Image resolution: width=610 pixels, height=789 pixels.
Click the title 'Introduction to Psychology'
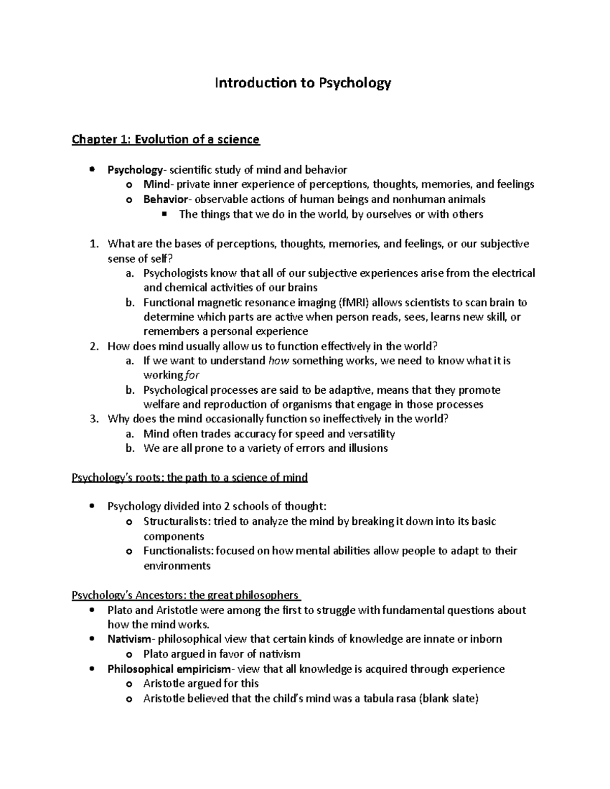click(x=303, y=83)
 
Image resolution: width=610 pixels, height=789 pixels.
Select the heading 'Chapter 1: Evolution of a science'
click(x=166, y=139)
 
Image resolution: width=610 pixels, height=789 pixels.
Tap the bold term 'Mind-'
click(x=159, y=184)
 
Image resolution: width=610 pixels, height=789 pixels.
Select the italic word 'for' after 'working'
click(x=192, y=375)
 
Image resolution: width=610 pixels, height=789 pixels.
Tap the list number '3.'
click(x=94, y=419)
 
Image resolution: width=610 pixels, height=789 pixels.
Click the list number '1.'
click(x=94, y=244)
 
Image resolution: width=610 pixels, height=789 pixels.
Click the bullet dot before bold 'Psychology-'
click(x=92, y=170)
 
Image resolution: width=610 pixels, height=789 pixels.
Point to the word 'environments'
click(x=176, y=566)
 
